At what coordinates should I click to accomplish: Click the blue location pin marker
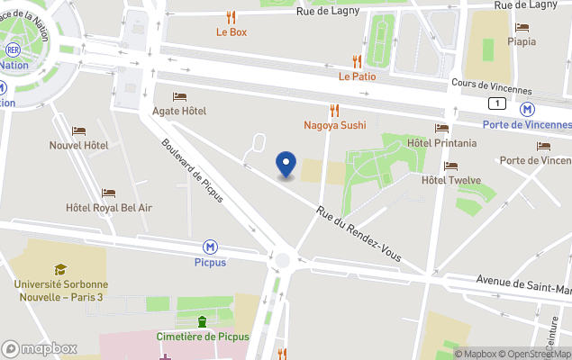[x=286, y=165]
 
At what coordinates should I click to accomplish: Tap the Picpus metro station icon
[x=210, y=247]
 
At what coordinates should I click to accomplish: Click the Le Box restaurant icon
[x=231, y=16]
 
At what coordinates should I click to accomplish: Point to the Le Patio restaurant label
[x=357, y=76]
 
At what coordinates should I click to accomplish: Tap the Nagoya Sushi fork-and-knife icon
[x=334, y=110]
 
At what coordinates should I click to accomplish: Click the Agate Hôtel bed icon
[x=179, y=96]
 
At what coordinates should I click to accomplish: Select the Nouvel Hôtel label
[x=78, y=145]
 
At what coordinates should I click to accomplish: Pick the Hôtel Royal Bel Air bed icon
[x=108, y=193]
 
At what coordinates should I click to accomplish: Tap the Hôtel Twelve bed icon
[x=450, y=166]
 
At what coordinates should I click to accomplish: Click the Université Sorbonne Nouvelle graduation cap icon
[x=60, y=269]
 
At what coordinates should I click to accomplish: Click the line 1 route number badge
[x=497, y=103]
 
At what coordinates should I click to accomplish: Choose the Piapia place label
[x=521, y=41]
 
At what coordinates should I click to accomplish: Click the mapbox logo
[x=40, y=348]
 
